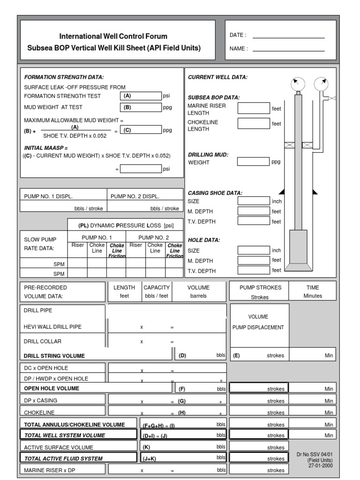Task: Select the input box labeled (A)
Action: click(x=140, y=96)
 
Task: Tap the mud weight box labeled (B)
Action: click(x=140, y=107)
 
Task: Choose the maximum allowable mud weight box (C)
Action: click(x=140, y=131)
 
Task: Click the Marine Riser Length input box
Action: click(x=254, y=109)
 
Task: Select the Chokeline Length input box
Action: click(x=254, y=124)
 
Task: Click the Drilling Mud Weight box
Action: click(x=254, y=162)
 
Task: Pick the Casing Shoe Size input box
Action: click(x=254, y=201)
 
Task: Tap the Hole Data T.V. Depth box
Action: click(x=254, y=270)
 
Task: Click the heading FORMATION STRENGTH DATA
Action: click(x=64, y=77)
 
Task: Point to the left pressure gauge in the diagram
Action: click(x=297, y=84)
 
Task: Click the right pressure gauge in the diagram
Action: click(x=321, y=84)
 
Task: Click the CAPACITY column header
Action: click(x=157, y=287)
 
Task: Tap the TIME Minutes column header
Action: click(x=313, y=292)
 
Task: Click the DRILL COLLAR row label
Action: click(x=43, y=341)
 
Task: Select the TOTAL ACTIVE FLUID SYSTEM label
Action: click(x=63, y=458)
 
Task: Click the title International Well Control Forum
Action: click(x=113, y=36)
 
